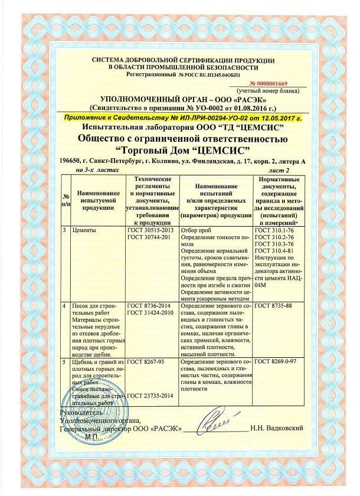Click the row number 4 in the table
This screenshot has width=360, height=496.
coord(64,305)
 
